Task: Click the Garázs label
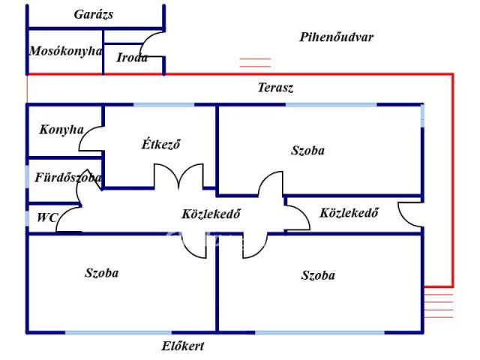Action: coord(94,14)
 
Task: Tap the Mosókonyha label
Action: coord(65,51)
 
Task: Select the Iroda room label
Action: coord(132,58)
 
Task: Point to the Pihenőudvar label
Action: coord(336,37)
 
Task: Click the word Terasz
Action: coord(275,88)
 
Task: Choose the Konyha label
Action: coord(61,129)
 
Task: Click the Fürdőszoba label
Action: coord(68,178)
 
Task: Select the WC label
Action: coord(47,218)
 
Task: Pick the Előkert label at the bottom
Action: coord(183,346)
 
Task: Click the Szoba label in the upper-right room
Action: coord(307,150)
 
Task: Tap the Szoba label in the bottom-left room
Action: coord(101,273)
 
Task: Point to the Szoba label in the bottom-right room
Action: coord(318,274)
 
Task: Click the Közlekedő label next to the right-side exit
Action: coord(349,212)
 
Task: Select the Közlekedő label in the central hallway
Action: coord(211,213)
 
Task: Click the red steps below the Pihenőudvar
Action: coord(255,63)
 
